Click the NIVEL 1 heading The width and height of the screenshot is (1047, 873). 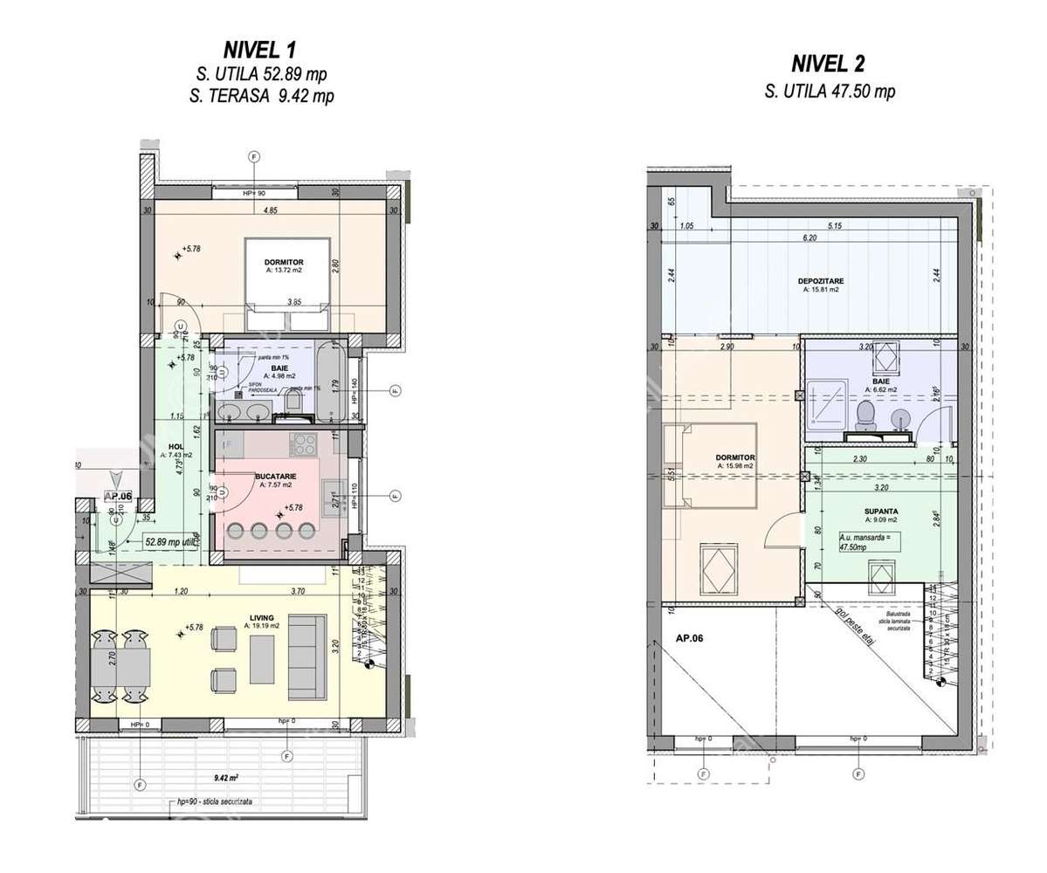pyautogui.click(x=261, y=50)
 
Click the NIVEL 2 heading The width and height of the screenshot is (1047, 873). pyautogui.click(x=829, y=64)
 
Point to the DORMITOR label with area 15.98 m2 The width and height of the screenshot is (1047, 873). pyautogui.click(x=734, y=461)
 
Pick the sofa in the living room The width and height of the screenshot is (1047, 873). pyautogui.click(x=307, y=644)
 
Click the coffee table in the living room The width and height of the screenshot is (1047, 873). pyautogui.click(x=261, y=659)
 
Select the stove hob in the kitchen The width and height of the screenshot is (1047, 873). pyautogui.click(x=304, y=443)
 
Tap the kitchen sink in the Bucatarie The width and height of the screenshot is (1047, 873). pyautogui.click(x=334, y=494)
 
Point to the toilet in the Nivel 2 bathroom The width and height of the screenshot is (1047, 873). pyautogui.click(x=866, y=416)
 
